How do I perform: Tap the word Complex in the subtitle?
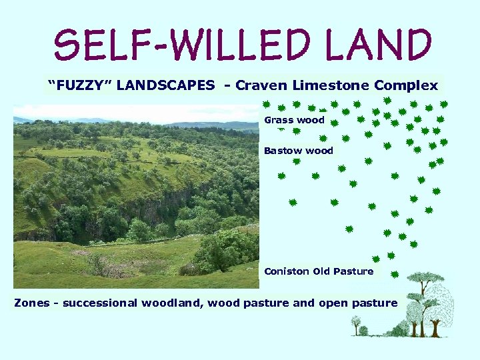(x=406, y=85)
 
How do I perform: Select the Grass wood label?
(x=294, y=121)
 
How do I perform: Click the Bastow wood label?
(x=298, y=151)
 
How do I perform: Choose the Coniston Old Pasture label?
(x=319, y=271)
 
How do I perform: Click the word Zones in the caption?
(x=32, y=303)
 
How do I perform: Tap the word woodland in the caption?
(x=172, y=303)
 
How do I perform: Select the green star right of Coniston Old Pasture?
(x=395, y=274)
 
